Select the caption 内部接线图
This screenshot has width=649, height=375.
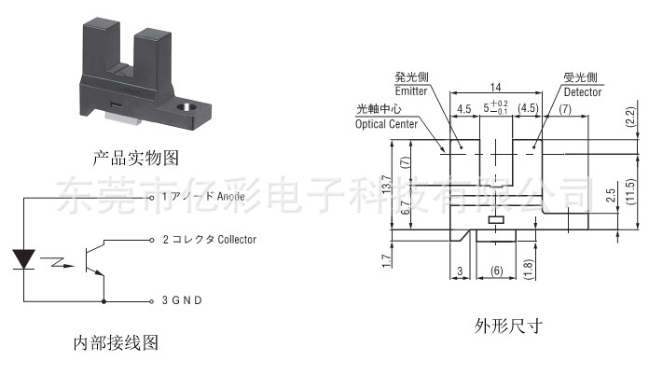(x=116, y=342)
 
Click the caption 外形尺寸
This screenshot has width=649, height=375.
(x=507, y=326)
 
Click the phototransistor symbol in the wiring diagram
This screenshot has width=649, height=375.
(x=92, y=259)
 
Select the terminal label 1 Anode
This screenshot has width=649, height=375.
(x=202, y=197)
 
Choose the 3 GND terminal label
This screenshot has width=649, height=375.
(x=182, y=300)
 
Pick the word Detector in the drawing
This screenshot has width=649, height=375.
(x=582, y=92)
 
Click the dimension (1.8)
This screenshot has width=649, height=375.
(x=528, y=265)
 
